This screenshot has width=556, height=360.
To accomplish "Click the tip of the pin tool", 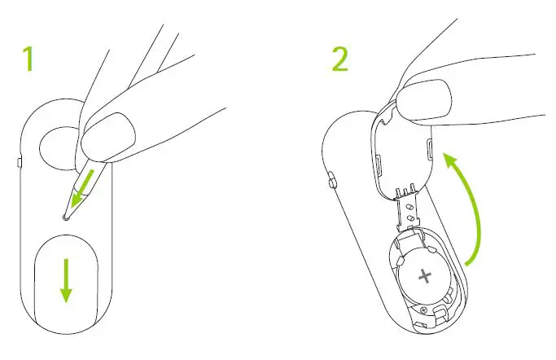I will pos(64,217).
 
